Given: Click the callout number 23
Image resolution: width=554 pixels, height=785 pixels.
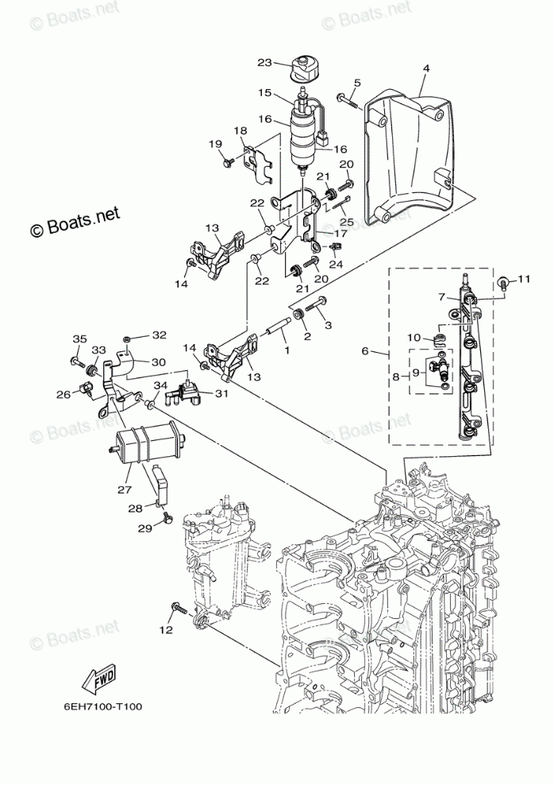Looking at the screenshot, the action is coord(265,63).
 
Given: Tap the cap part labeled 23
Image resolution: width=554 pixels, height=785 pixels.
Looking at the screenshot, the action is coord(303,68).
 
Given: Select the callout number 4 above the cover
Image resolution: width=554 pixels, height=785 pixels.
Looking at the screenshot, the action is coord(425,68).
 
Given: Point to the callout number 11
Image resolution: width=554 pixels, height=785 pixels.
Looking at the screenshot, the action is coord(523,280).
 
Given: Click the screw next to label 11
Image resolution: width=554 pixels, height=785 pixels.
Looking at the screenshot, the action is coord(505,282).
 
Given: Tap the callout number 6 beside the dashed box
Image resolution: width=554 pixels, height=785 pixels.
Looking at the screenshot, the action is coord(364,351).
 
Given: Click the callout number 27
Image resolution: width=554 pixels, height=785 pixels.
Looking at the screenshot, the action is coord(124,490).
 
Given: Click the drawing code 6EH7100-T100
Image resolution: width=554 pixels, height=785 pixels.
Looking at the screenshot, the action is coord(102,706).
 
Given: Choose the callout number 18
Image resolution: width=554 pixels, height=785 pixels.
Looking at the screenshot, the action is coord(240,130).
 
